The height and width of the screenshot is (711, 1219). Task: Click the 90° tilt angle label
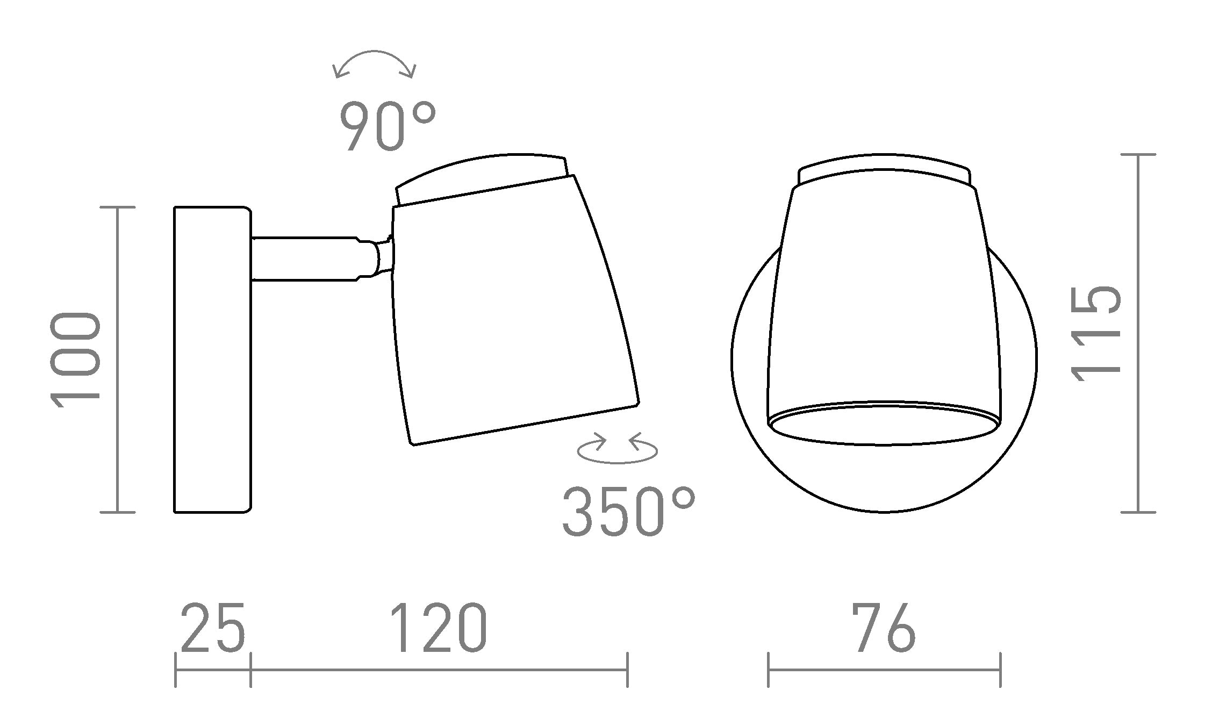click(387, 127)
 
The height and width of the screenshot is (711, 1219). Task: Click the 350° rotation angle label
click(628, 512)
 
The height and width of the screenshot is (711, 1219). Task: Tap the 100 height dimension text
click(75, 360)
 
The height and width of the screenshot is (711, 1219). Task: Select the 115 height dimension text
click(1096, 334)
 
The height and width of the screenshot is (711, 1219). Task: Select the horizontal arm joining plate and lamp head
click(306, 259)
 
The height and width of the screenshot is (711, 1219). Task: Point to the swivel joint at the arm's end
click(383, 258)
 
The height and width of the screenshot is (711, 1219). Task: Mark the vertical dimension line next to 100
click(118, 360)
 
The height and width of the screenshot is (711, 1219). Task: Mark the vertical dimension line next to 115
click(1138, 334)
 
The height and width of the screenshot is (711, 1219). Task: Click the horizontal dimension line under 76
click(884, 670)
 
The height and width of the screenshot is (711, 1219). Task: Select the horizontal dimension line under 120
click(439, 670)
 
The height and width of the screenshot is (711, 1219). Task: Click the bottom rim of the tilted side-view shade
click(524, 424)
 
